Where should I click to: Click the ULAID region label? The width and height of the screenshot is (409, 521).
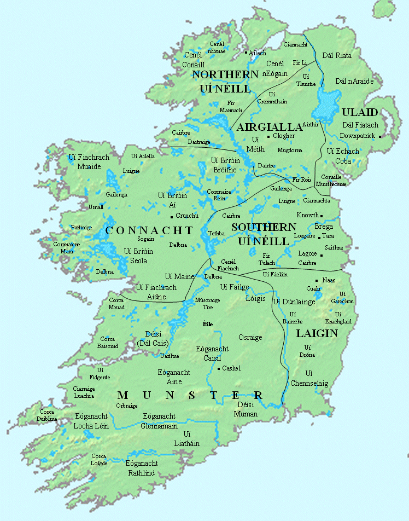359,112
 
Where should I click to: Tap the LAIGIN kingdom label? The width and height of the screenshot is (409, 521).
317,333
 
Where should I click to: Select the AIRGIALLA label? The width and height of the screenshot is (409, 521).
270,127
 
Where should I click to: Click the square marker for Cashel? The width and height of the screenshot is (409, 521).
219,369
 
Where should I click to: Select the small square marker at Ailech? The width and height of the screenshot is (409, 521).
246,53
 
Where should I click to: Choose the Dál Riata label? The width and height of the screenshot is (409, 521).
337,55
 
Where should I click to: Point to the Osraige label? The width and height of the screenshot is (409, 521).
250,338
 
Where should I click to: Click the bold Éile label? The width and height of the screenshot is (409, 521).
207,324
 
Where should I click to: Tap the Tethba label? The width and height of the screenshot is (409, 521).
216,233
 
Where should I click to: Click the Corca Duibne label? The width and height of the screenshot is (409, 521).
48,415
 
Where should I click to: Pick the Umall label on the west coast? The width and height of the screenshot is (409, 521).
96,207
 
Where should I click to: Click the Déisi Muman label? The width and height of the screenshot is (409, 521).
247,409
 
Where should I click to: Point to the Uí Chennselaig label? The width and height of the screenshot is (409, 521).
309,378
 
